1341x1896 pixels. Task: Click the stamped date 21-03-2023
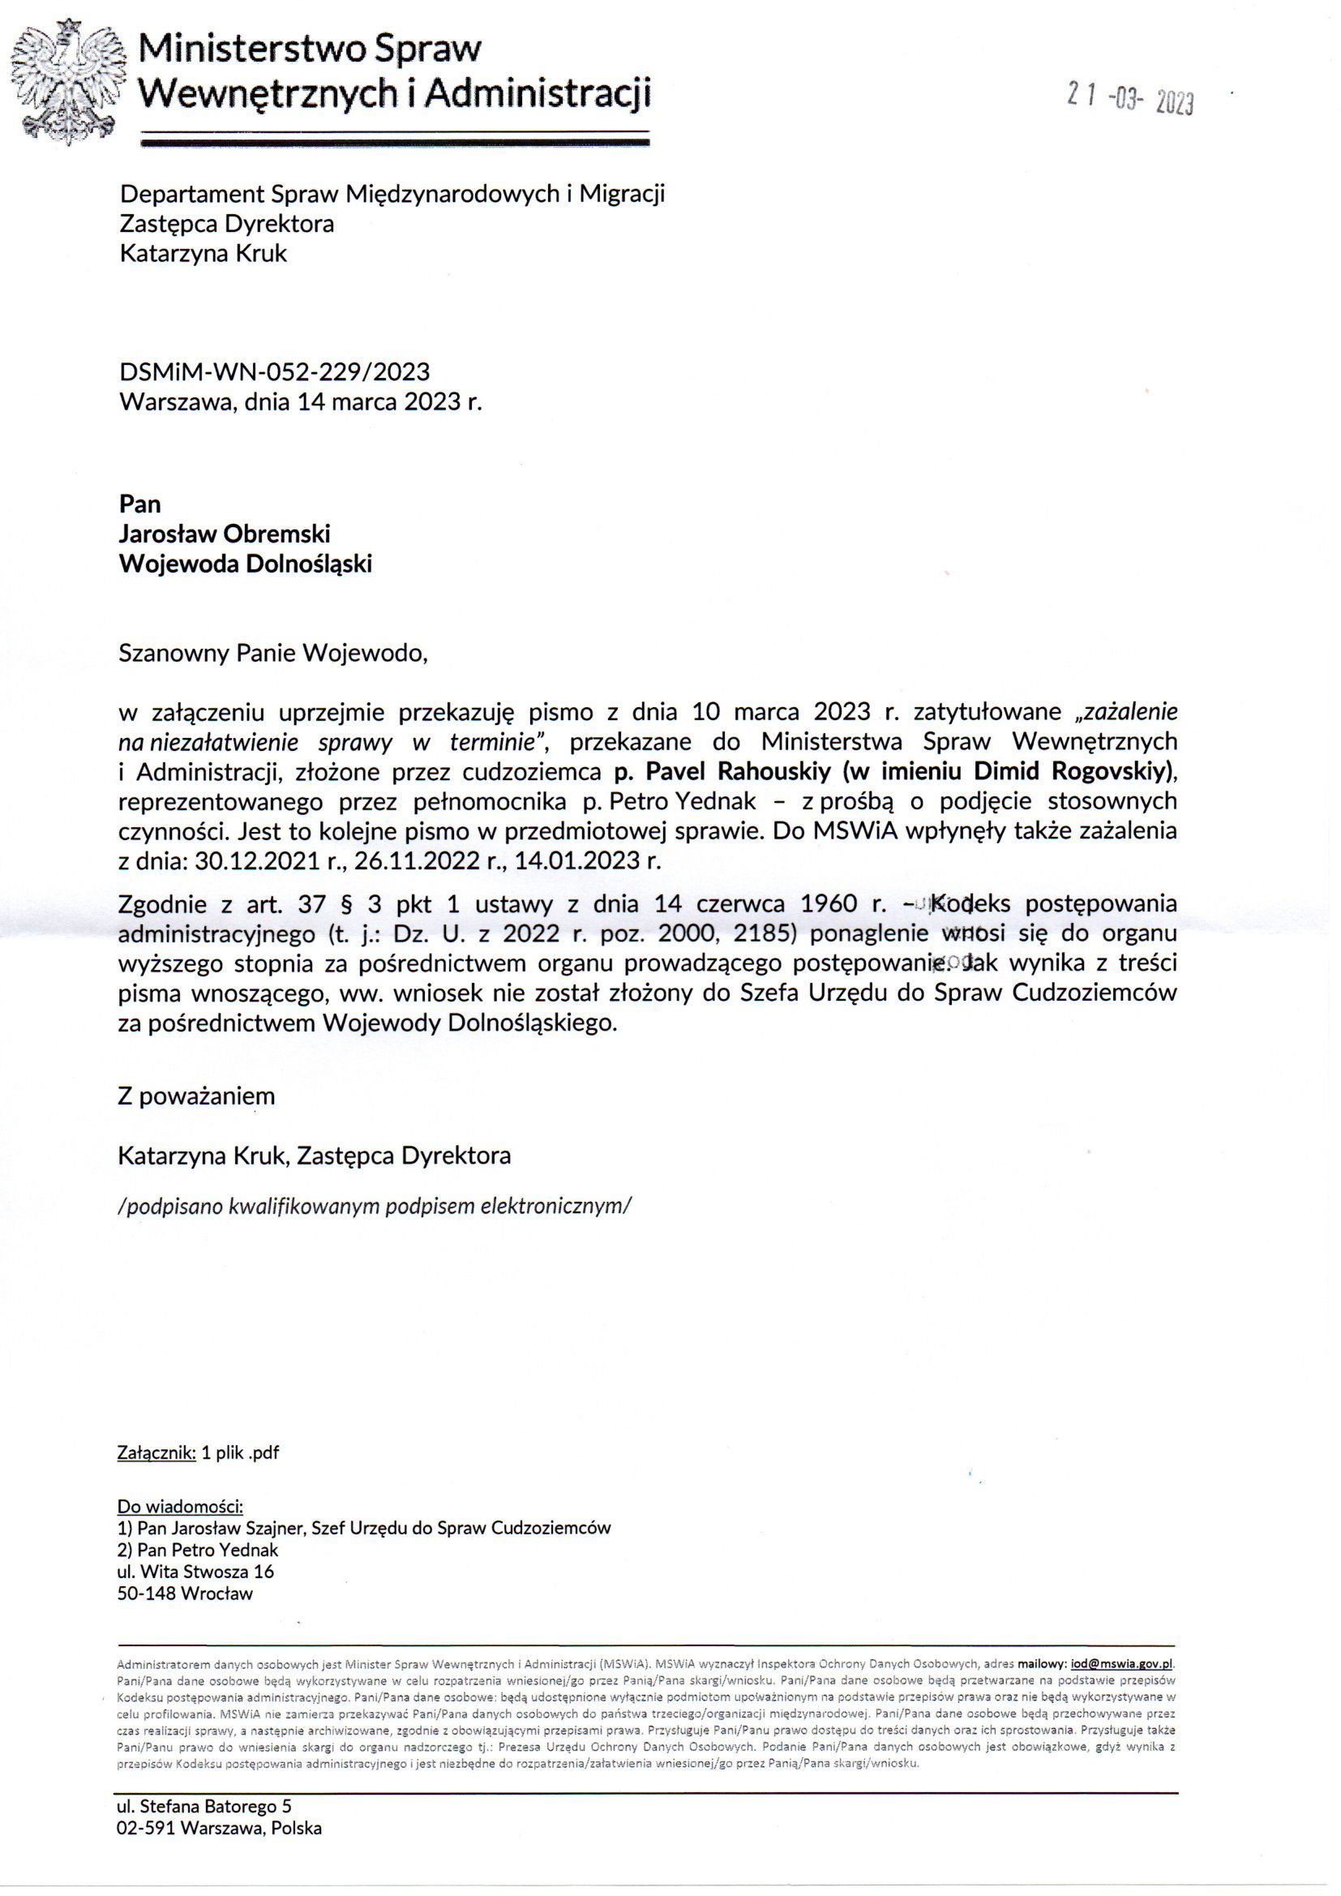1130,100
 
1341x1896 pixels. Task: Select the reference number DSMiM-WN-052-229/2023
274,371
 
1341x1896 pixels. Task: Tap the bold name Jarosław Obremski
225,534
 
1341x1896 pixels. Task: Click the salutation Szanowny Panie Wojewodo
273,653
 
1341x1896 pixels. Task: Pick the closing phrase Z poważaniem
196,1096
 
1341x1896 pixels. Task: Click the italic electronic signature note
374,1207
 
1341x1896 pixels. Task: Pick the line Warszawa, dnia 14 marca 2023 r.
301,401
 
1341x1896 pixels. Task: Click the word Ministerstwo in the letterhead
251,49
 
